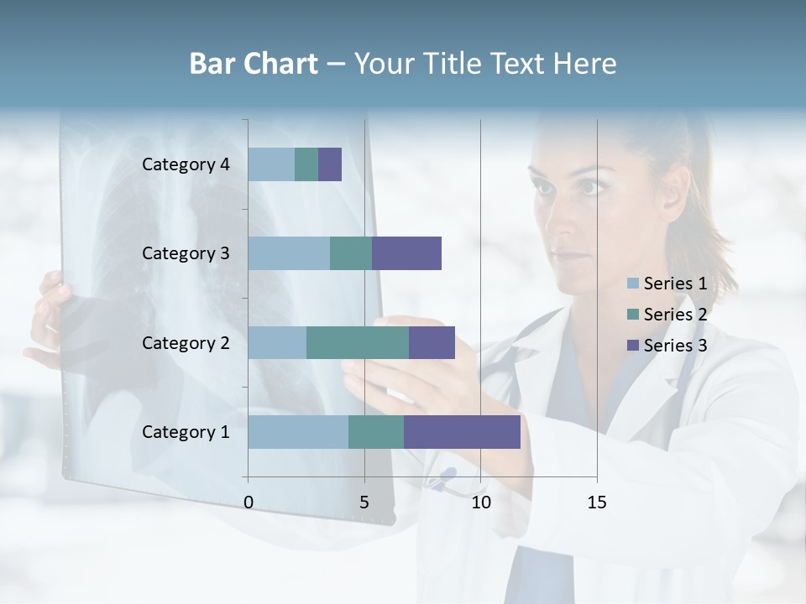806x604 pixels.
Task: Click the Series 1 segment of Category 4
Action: pyautogui.click(x=271, y=164)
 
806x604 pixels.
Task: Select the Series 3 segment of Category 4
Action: pyautogui.click(x=330, y=164)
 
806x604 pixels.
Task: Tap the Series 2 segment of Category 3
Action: pyautogui.click(x=351, y=253)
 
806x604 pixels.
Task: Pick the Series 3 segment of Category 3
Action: pyautogui.click(x=406, y=253)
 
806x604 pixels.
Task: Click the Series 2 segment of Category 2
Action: pyautogui.click(x=358, y=342)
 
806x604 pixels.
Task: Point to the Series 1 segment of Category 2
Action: pyautogui.click(x=277, y=342)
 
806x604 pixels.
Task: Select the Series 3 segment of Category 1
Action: pyautogui.click(x=462, y=432)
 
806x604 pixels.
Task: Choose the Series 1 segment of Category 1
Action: pyautogui.click(x=298, y=432)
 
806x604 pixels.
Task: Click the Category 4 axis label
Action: pyautogui.click(x=186, y=164)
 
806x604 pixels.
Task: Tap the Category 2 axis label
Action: pyautogui.click(x=186, y=342)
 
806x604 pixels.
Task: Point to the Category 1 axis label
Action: pyautogui.click(x=186, y=432)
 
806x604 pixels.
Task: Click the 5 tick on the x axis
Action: pyautogui.click(x=364, y=502)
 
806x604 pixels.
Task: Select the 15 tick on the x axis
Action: pyautogui.click(x=596, y=502)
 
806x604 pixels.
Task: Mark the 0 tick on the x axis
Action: pyautogui.click(x=249, y=502)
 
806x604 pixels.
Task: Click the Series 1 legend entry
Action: pyautogui.click(x=667, y=284)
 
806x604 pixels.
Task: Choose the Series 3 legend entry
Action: pyautogui.click(x=667, y=346)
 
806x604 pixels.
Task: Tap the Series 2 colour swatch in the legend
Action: pyautogui.click(x=633, y=315)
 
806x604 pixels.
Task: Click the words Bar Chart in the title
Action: pyautogui.click(x=254, y=64)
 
